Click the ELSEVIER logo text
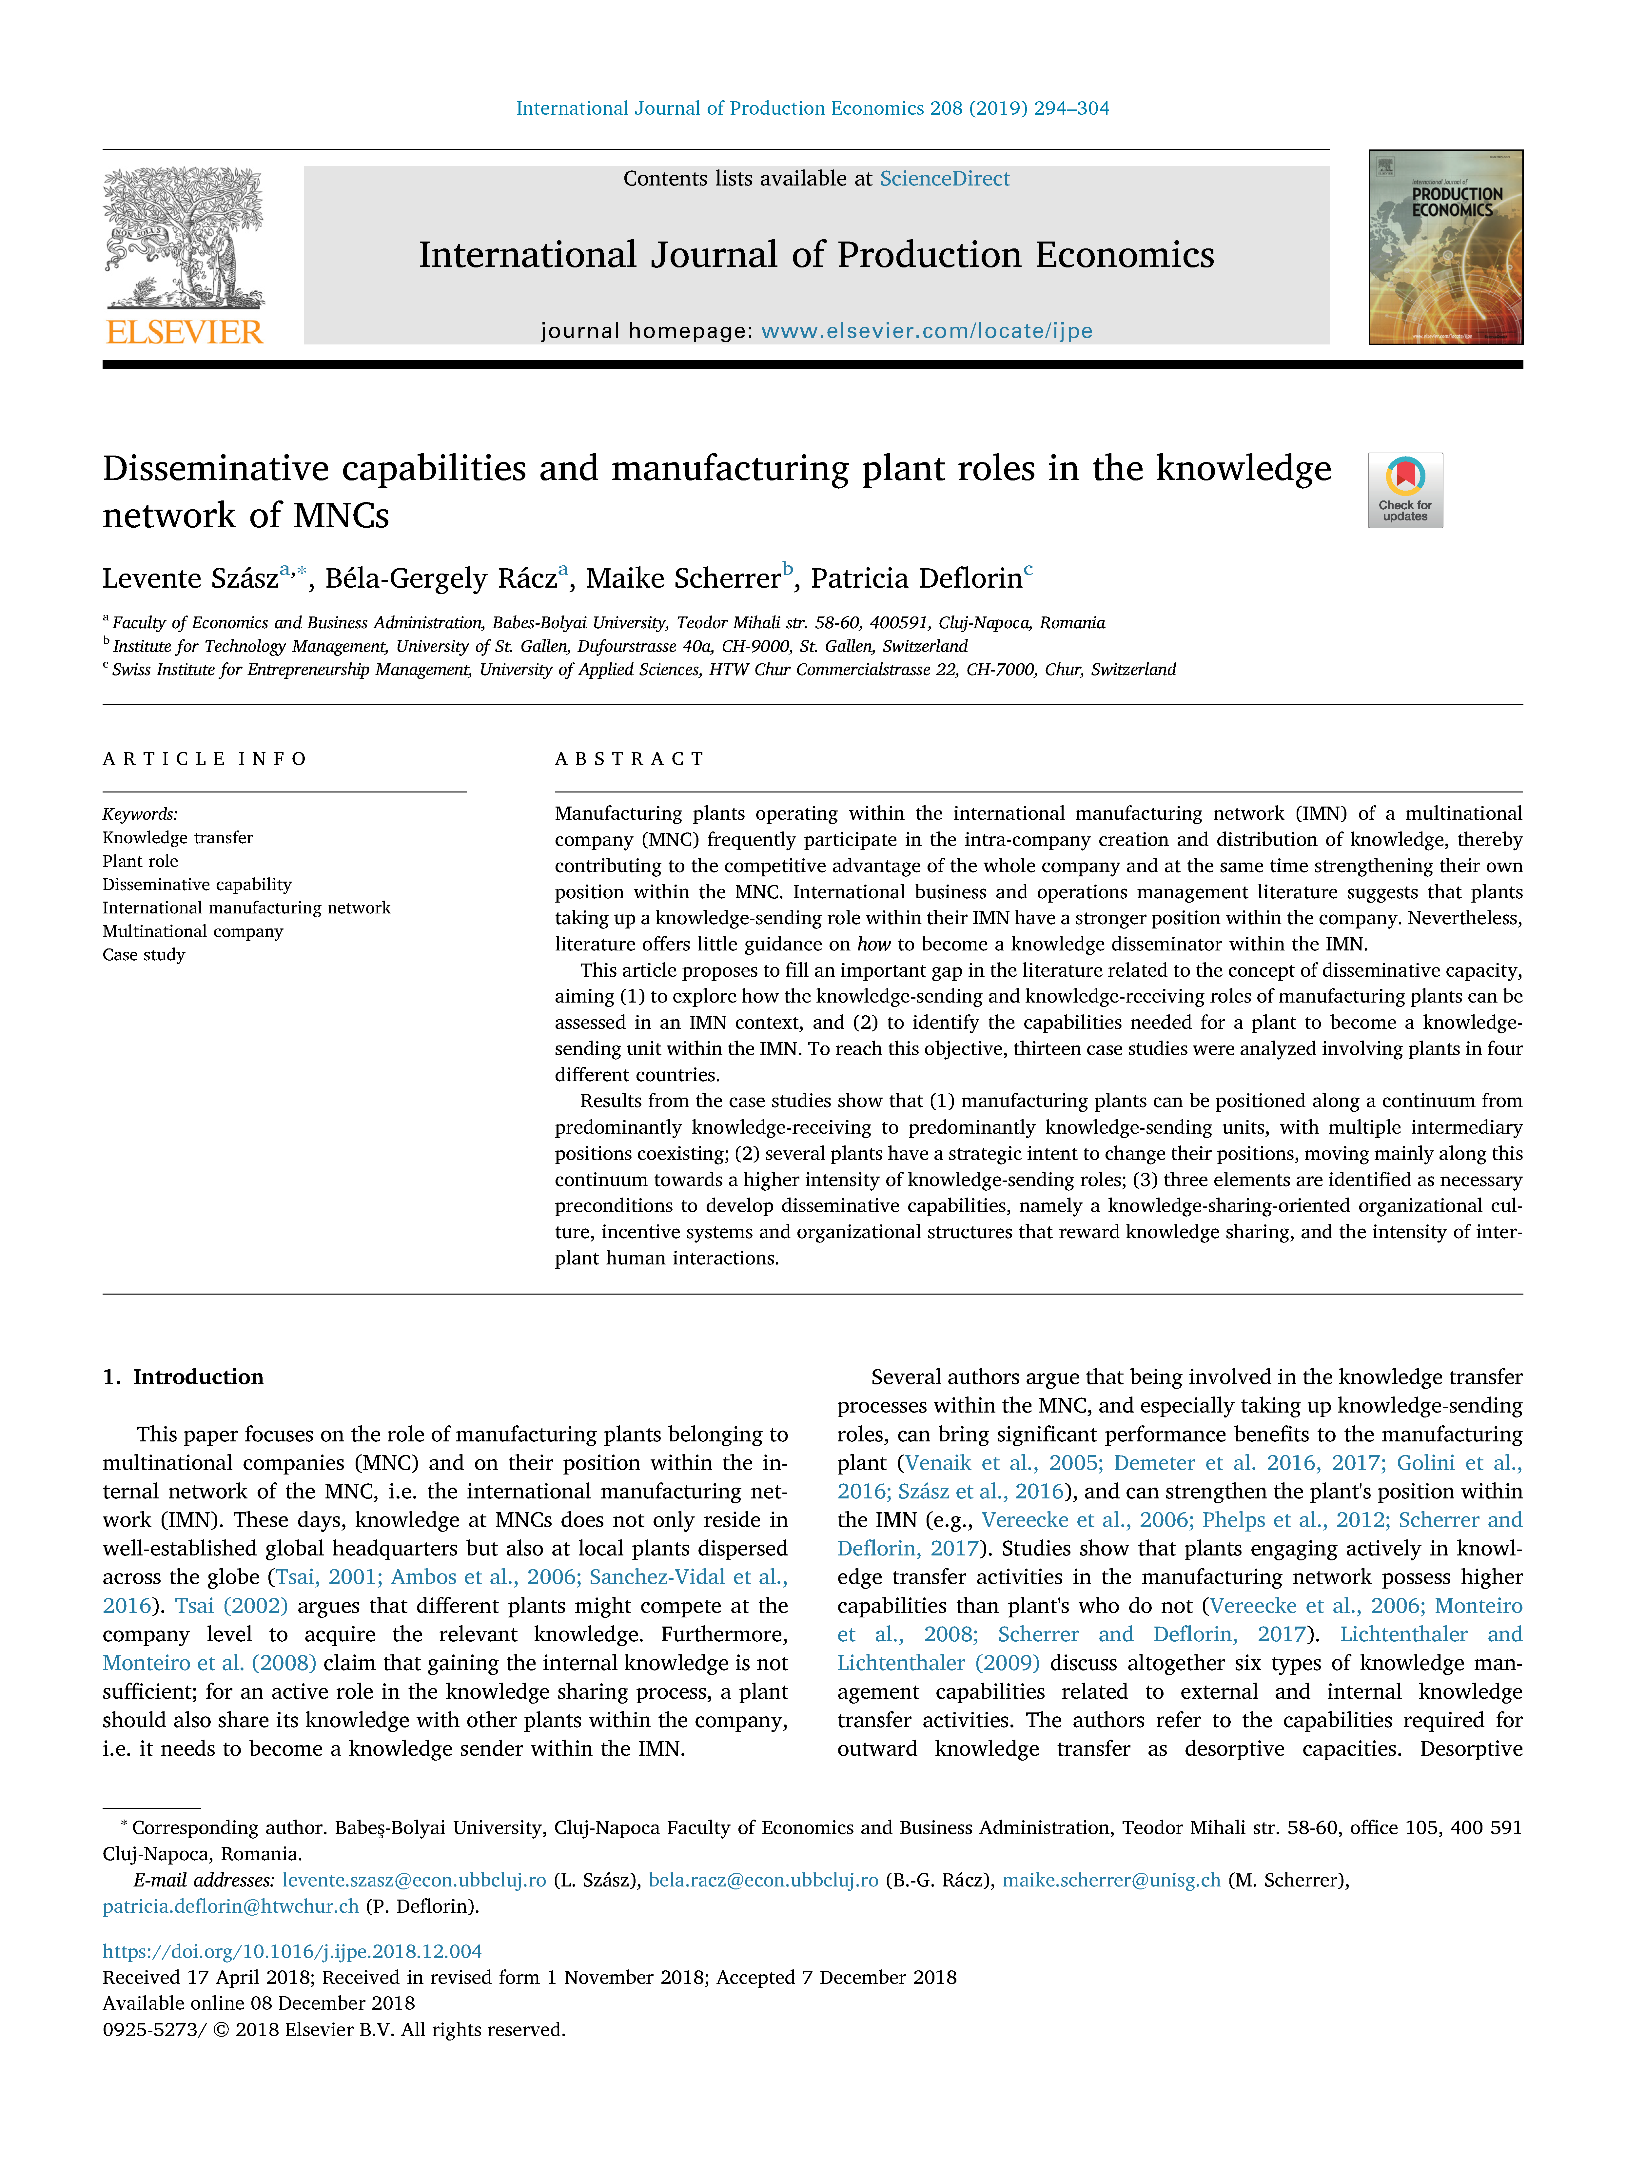(184, 332)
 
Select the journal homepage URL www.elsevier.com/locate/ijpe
(926, 331)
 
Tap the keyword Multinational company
(193, 931)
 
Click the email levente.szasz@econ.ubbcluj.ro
(414, 1880)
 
